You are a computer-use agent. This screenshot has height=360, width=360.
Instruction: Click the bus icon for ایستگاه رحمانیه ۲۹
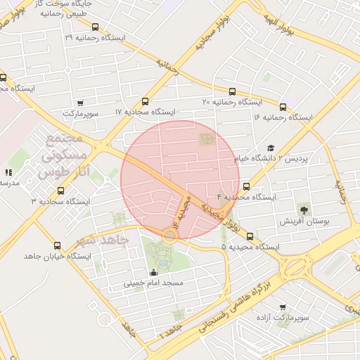point(95,27)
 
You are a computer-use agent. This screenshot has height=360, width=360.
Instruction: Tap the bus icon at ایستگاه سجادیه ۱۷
point(146,102)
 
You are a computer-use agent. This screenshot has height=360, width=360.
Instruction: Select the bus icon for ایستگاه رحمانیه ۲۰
point(232,91)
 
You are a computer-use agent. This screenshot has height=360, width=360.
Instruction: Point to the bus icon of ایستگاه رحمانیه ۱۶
point(283,107)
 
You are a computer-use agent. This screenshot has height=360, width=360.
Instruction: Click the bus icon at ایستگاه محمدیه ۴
point(246,187)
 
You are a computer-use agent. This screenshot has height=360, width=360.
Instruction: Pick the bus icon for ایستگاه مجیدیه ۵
point(250,237)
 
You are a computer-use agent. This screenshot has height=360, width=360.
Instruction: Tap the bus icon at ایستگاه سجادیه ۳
point(60,191)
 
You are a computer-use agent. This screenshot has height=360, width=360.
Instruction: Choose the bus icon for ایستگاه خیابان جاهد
point(57,245)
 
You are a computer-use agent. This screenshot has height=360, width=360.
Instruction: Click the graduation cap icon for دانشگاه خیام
point(270,148)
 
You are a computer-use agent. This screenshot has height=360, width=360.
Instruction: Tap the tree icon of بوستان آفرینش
point(304,209)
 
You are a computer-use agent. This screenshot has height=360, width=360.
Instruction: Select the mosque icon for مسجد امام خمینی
point(153,272)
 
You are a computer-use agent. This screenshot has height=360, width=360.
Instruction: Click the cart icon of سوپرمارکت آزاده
point(283,307)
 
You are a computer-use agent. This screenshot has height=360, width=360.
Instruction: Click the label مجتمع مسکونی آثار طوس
point(65,153)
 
